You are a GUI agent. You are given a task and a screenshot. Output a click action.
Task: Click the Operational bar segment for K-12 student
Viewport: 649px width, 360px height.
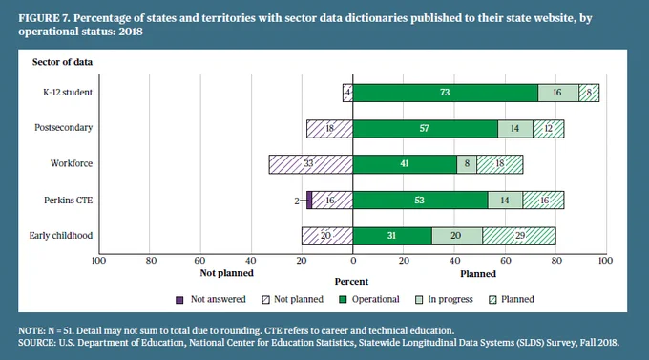click(x=446, y=93)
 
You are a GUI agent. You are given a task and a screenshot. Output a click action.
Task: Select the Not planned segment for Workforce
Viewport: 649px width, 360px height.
click(x=311, y=164)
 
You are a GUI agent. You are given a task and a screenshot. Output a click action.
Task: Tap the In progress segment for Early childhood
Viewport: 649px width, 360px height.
click(x=457, y=236)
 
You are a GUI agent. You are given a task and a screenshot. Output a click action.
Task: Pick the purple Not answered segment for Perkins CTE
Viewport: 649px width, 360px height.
click(x=309, y=201)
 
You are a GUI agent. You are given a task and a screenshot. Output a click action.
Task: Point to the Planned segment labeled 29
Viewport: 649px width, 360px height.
click(x=519, y=236)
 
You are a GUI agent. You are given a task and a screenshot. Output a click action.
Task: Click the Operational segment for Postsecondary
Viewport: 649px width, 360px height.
click(x=426, y=128)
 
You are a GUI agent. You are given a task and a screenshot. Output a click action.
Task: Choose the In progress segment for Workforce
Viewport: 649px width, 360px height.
click(x=467, y=164)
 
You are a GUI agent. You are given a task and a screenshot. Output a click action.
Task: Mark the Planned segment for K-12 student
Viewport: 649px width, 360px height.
click(x=589, y=93)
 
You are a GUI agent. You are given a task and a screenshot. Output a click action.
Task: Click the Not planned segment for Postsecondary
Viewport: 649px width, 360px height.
click(x=330, y=128)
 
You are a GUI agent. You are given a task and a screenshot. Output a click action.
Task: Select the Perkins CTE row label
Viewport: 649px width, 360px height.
click(x=69, y=201)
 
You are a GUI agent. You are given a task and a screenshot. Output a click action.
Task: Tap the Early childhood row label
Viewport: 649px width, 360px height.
click(x=61, y=235)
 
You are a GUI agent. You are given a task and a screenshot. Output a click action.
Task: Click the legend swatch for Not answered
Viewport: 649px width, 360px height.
click(x=179, y=300)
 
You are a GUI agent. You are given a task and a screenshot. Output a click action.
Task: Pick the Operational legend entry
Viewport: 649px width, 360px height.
click(x=369, y=299)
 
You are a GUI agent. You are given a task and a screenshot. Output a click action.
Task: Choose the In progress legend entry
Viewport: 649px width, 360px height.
click(x=444, y=299)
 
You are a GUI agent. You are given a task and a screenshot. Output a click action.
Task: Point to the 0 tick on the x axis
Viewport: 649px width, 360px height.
click(x=353, y=261)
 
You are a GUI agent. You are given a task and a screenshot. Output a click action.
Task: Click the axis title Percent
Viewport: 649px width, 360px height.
click(x=351, y=282)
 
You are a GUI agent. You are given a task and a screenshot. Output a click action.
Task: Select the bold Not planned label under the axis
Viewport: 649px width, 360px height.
click(x=226, y=273)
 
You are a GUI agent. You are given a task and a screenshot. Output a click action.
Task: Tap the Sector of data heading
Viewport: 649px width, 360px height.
click(x=62, y=62)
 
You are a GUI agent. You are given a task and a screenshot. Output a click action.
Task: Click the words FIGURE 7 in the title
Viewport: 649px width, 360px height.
click(x=44, y=18)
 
